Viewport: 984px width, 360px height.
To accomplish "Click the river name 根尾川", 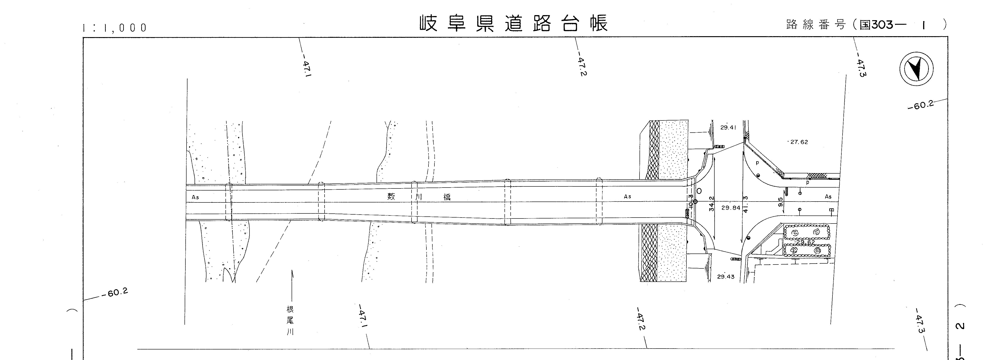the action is (x=290, y=320).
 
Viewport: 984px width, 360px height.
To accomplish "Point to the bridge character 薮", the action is (x=391, y=197).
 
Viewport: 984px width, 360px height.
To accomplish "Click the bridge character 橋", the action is (x=447, y=197).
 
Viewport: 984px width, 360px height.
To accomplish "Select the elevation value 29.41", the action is (x=728, y=128).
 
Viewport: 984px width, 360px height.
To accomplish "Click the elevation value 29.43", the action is (x=725, y=277).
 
